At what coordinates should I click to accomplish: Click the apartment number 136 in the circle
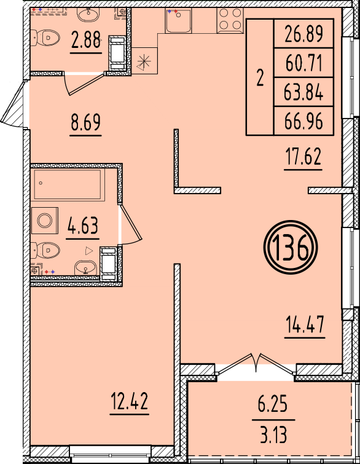coord(290,250)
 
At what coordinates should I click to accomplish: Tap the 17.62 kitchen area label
coord(302,157)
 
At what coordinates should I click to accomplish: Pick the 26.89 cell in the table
coord(303,34)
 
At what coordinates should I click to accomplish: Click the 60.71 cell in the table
coord(303,63)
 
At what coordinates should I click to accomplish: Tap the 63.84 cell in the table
coord(303,92)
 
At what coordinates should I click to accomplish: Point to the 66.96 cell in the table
coord(303,121)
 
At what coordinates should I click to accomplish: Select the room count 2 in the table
coord(260,78)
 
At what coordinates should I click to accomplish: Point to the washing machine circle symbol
coord(44,220)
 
